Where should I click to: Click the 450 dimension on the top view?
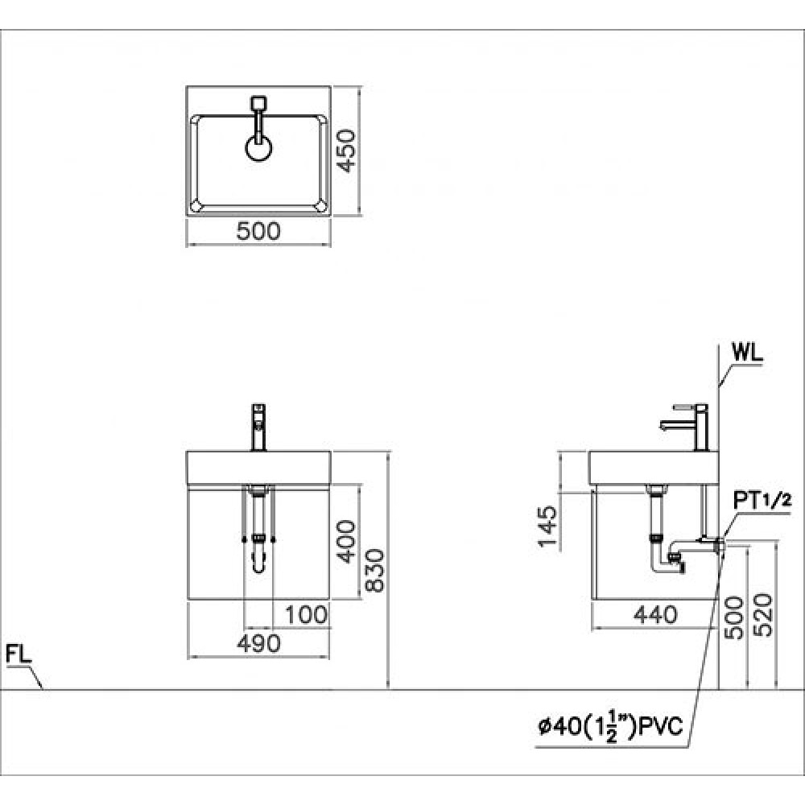pyautogui.click(x=346, y=152)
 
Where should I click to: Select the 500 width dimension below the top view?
pyautogui.click(x=258, y=232)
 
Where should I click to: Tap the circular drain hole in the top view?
pyautogui.click(x=258, y=150)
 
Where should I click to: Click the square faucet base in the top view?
pyautogui.click(x=258, y=103)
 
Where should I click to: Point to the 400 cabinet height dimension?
pyautogui.click(x=347, y=541)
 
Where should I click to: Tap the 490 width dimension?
pyautogui.click(x=258, y=643)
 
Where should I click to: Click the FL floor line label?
pyautogui.click(x=19, y=654)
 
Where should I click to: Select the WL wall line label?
pyautogui.click(x=747, y=353)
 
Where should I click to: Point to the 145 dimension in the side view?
pyautogui.click(x=547, y=526)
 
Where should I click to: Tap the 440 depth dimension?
pyautogui.click(x=653, y=616)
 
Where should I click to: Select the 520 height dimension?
pyautogui.click(x=766, y=616)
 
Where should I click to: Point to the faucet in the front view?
pyautogui.click(x=258, y=427)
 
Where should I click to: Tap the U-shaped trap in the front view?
pyautogui.click(x=258, y=559)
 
